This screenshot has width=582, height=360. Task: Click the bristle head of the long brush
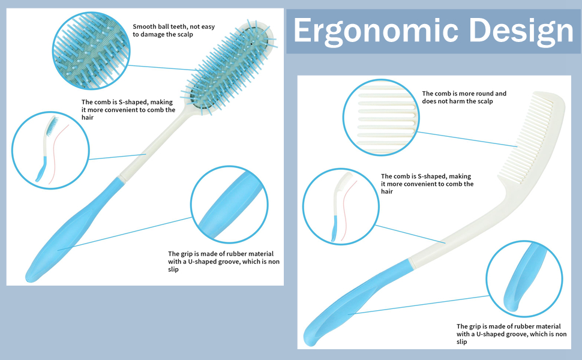[232, 66]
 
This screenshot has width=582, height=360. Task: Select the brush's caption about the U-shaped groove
[223, 262]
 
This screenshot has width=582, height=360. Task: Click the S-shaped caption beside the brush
[128, 110]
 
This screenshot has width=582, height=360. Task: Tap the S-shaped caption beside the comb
[427, 184]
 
